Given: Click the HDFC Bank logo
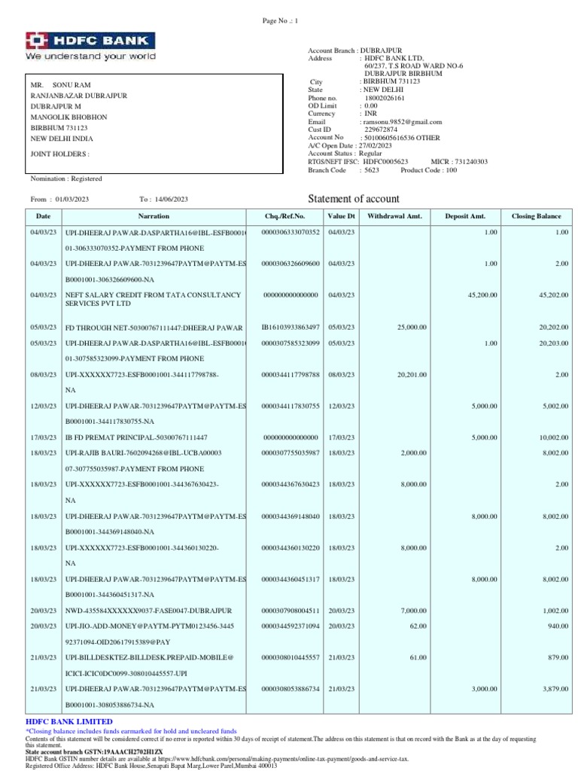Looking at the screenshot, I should click(x=91, y=46).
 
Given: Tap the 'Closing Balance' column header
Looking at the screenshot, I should click(x=536, y=216).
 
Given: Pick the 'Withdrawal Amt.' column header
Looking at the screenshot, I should click(x=394, y=216).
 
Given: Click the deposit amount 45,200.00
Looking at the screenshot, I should click(x=482, y=295).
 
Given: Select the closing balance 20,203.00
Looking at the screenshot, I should click(x=553, y=343).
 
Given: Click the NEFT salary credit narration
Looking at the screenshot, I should click(x=154, y=300).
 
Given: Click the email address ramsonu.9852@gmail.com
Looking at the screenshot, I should click(x=402, y=121).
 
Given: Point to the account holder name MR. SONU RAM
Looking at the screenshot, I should click(x=60, y=85).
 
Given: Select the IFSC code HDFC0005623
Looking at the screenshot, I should click(x=385, y=162).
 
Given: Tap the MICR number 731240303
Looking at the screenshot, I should click(x=470, y=162).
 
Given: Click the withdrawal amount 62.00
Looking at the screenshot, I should click(x=418, y=626).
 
